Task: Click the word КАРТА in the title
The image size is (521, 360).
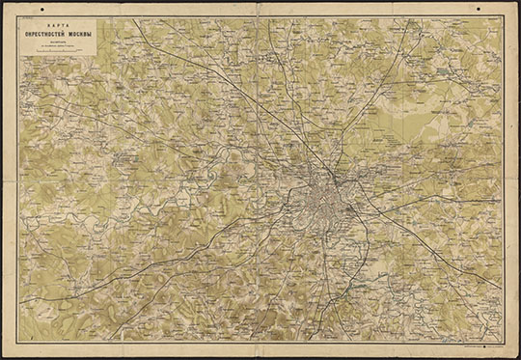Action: tap(60, 22)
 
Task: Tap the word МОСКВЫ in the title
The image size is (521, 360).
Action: tap(79, 31)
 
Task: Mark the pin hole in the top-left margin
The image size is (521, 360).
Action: tap(28, 9)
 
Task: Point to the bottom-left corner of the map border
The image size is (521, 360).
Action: tap(20, 341)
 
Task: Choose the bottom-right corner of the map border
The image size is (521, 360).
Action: tap(503, 341)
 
